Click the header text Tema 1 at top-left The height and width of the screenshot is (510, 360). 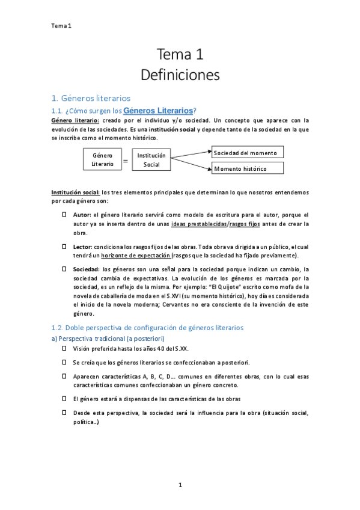(61, 25)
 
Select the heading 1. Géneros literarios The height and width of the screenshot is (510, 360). (90, 98)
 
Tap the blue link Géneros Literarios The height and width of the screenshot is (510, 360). (158, 111)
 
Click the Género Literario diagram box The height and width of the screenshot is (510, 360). (102, 159)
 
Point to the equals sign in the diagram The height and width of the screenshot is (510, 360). (126, 161)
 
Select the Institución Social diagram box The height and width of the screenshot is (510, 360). (151, 159)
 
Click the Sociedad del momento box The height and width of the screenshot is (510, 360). (247, 152)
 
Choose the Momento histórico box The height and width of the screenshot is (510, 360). (247, 168)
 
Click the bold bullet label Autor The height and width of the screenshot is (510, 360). (81, 215)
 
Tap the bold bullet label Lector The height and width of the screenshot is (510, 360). (82, 247)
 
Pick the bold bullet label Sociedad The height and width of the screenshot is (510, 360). (86, 269)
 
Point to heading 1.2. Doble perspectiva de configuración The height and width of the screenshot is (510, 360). (147, 328)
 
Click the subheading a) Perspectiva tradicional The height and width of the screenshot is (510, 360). (104, 339)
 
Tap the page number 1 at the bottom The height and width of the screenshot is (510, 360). (180, 485)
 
